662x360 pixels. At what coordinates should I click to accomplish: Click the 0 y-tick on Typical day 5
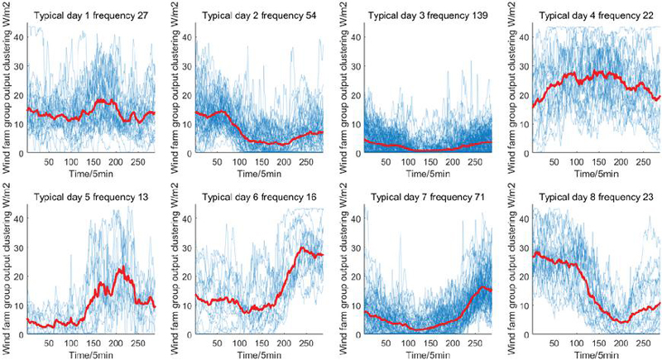coord(22,335)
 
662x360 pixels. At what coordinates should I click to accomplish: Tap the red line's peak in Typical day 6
coord(303,247)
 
